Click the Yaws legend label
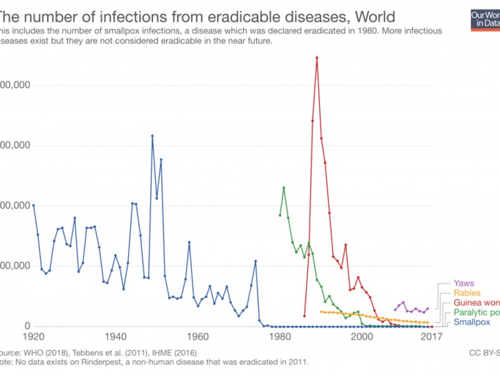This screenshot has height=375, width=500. pyautogui.click(x=464, y=283)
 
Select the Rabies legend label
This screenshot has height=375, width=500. pyautogui.click(x=466, y=293)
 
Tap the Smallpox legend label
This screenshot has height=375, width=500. pyautogui.click(x=472, y=322)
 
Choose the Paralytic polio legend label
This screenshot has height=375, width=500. pyautogui.click(x=476, y=312)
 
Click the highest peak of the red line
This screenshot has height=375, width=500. pyautogui.click(x=317, y=57)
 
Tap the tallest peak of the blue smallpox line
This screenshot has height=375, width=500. pyautogui.click(x=152, y=136)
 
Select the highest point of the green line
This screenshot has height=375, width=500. pyautogui.click(x=284, y=187)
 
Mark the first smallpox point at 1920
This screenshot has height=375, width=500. pyautogui.click(x=33, y=205)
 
